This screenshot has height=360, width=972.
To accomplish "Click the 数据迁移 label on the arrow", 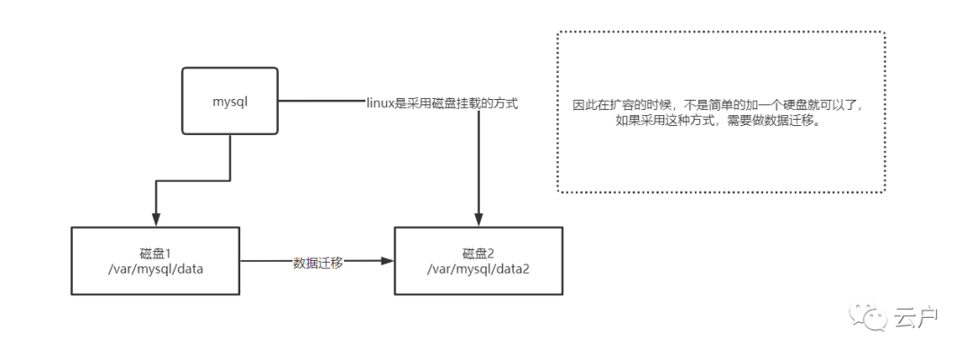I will click(318, 262).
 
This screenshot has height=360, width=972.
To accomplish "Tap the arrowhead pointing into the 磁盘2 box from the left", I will click(388, 262).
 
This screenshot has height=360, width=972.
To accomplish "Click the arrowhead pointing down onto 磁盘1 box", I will click(156, 220).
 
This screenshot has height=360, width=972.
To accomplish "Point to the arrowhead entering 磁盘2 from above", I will click(479, 220).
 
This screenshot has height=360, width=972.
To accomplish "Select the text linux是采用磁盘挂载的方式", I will click(441, 103).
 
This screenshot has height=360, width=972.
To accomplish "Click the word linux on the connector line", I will click(379, 103).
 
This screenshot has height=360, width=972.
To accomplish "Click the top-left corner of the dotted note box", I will click(558, 32).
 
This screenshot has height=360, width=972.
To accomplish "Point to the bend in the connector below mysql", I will click(156, 183).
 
